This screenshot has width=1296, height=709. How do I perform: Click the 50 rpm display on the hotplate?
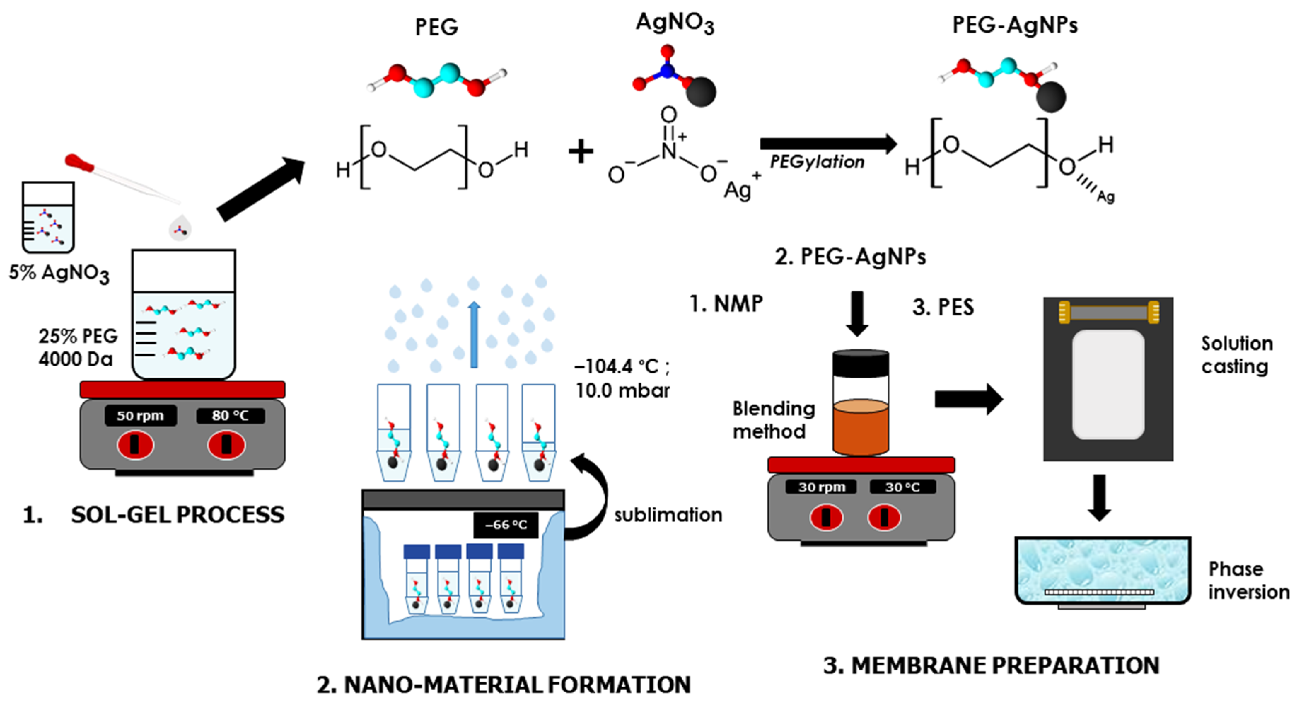click(140, 416)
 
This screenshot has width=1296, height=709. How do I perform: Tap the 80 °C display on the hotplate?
click(230, 416)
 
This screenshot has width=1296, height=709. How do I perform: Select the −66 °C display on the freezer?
click(506, 525)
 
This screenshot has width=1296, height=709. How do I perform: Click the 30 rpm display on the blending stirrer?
click(821, 487)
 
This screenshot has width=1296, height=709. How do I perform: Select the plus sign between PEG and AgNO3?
click(581, 151)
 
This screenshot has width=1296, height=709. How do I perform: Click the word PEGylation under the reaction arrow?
click(817, 162)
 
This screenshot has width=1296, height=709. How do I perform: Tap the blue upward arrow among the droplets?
click(473, 335)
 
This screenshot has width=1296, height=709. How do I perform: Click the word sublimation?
click(668, 515)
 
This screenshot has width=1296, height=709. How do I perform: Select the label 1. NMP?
click(726, 304)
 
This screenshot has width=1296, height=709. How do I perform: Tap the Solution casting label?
click(1237, 355)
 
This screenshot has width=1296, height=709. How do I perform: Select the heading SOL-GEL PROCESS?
click(177, 515)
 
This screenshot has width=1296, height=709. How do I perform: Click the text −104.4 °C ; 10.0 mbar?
click(622, 378)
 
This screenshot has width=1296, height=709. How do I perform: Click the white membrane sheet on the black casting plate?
click(1108, 384)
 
